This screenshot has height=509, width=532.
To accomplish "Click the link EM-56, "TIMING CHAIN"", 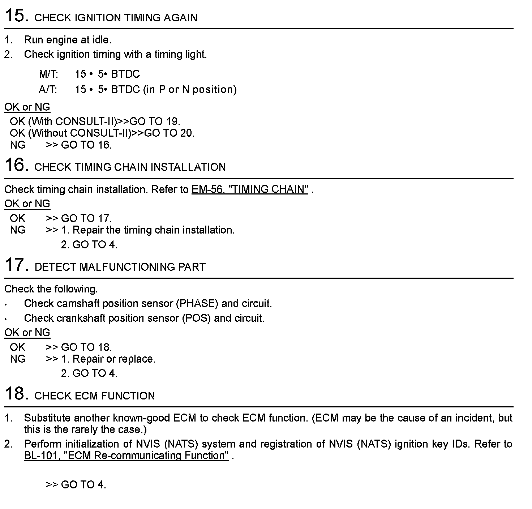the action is click(250, 189).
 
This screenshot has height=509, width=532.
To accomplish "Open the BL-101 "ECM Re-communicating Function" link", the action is click(126, 455).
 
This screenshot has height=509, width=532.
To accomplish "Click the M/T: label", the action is click(48, 74).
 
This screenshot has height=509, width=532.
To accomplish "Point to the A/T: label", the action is click(48, 89).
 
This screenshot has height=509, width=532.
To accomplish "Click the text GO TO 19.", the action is click(155, 121).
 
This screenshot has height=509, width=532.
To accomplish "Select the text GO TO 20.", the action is click(169, 133).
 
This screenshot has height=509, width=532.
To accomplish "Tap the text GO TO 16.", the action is click(86, 145).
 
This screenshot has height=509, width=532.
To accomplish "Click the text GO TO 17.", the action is click(86, 218).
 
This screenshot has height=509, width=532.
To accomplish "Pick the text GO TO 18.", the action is click(86, 347).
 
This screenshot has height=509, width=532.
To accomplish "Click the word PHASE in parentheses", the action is click(197, 304).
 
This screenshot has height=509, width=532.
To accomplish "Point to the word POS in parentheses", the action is click(197, 318).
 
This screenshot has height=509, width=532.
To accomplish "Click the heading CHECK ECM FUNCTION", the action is click(94, 396).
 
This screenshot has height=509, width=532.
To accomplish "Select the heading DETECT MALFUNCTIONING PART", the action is click(120, 267).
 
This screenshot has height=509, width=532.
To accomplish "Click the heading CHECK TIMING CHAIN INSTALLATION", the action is click(130, 167).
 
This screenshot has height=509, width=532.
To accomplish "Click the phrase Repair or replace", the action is click(114, 359).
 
